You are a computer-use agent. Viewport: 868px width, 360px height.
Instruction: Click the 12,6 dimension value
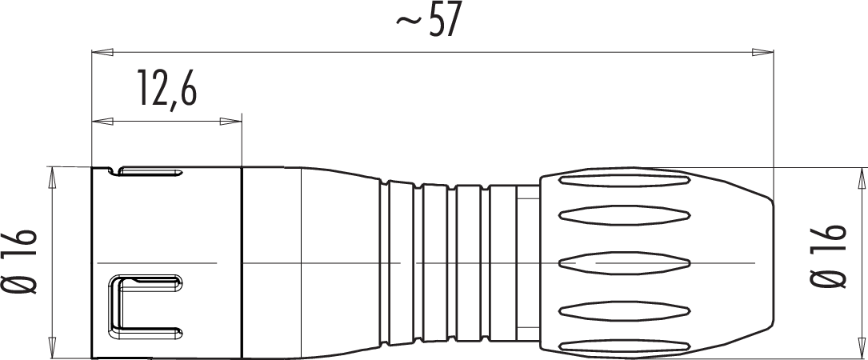(x=167, y=88)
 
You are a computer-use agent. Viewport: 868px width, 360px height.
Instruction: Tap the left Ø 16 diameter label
(x=23, y=261)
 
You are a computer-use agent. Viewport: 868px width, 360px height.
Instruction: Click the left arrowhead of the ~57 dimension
(x=102, y=53)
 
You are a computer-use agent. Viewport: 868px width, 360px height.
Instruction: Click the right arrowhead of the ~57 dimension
(x=762, y=53)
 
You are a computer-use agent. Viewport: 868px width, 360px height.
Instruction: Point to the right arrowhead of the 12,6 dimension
(x=231, y=122)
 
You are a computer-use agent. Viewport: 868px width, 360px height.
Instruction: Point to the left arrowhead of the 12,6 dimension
(x=102, y=122)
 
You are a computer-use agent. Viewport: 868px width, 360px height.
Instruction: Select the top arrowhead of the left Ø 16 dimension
(x=53, y=178)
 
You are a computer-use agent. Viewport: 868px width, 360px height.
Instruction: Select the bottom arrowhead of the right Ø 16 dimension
(x=862, y=346)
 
